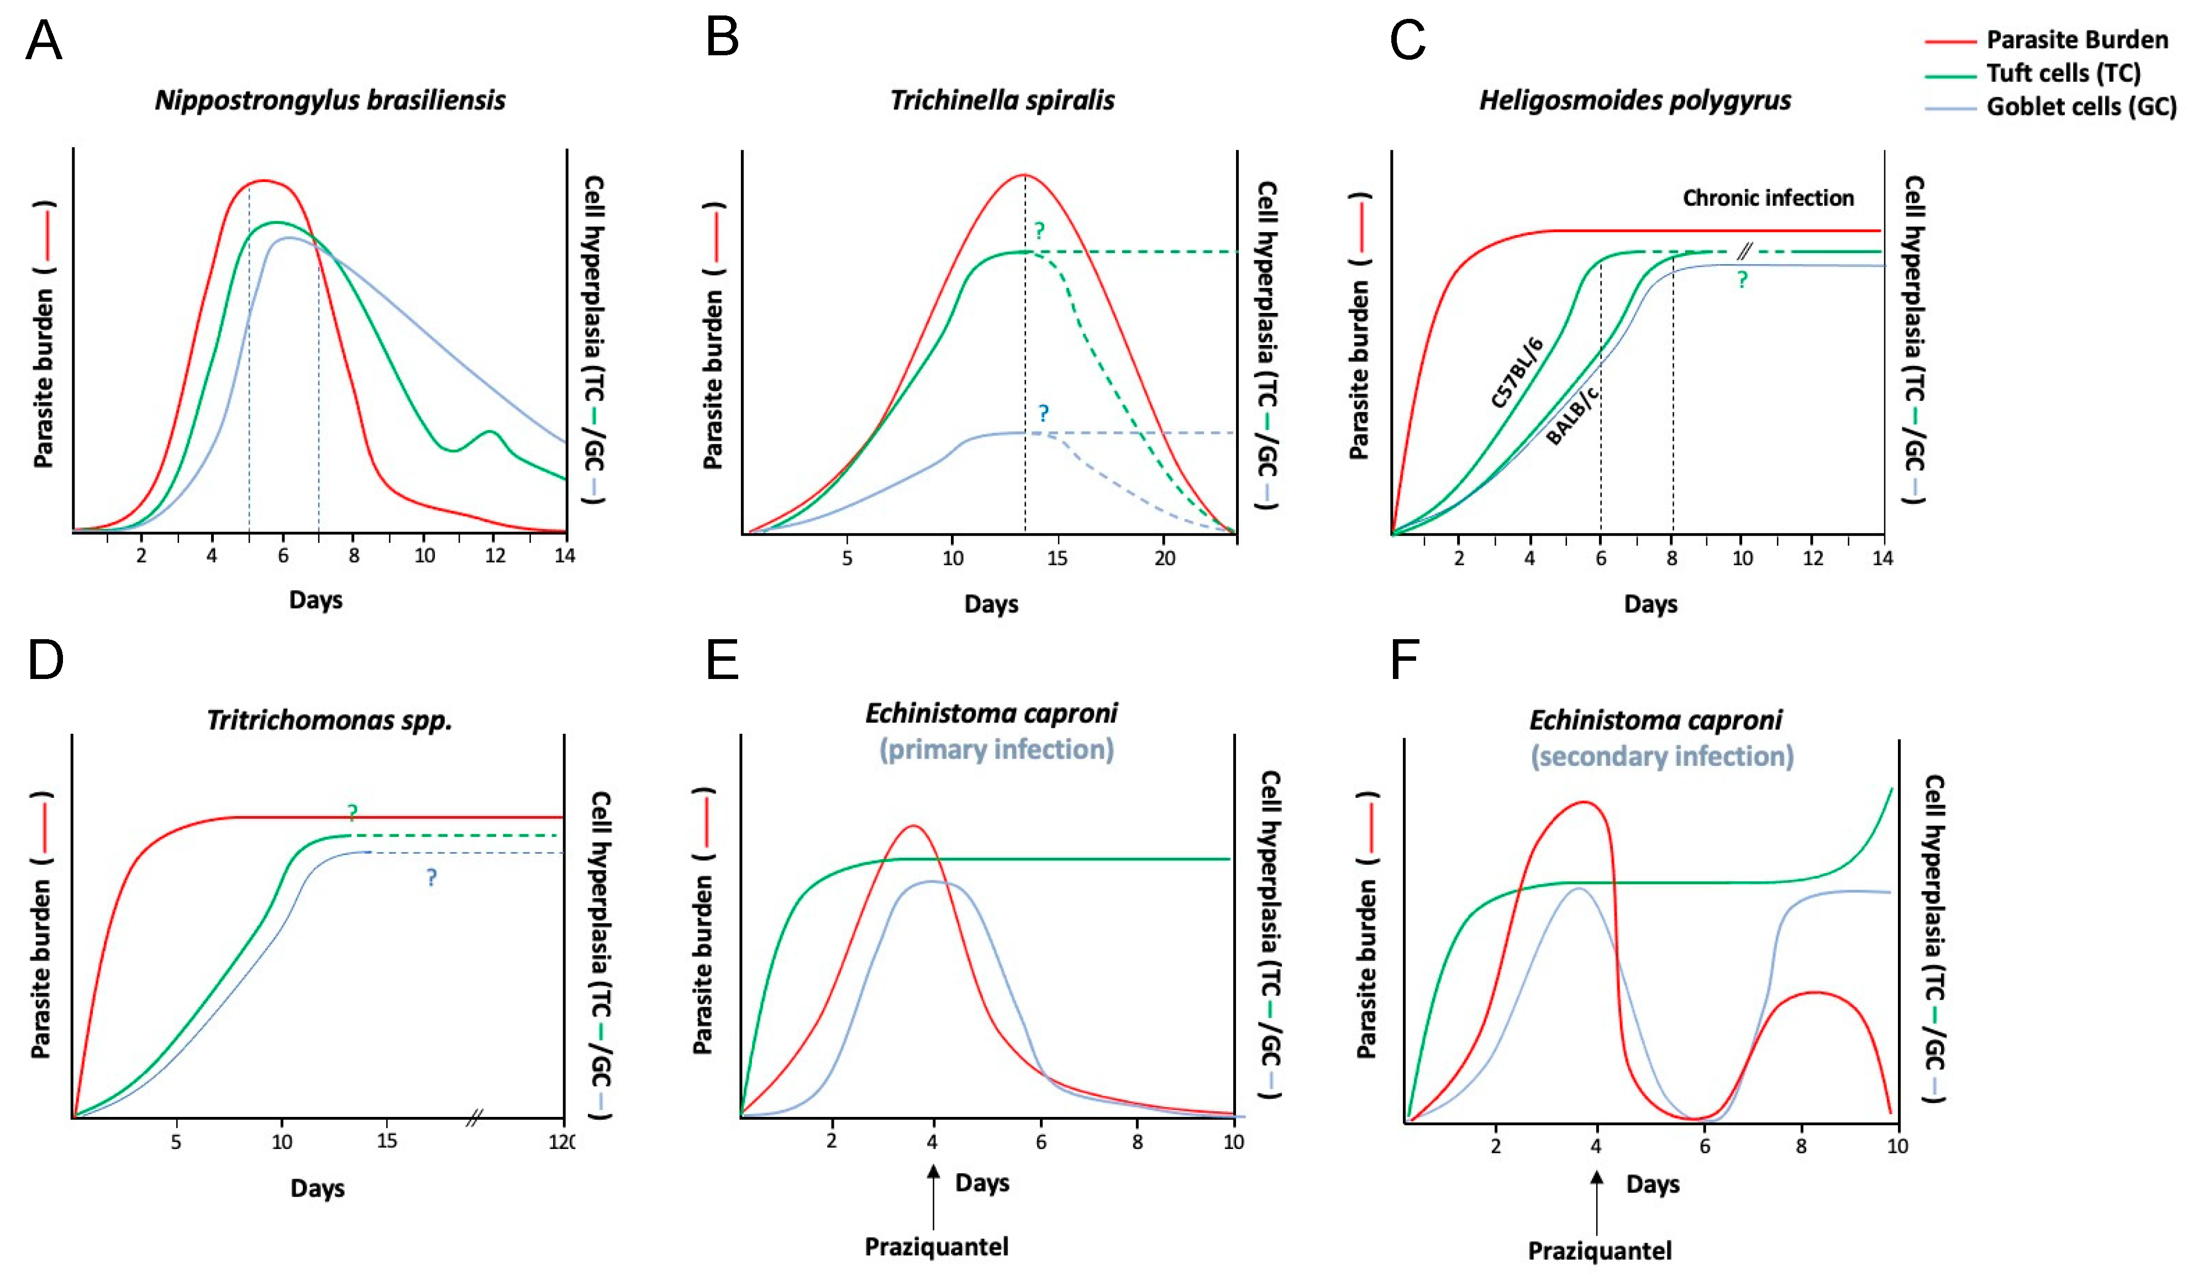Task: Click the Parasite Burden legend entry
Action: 2076,40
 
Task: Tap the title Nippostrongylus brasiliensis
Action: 330,100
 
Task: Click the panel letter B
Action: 722,39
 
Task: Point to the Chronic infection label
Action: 1768,197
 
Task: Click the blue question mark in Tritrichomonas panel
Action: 432,877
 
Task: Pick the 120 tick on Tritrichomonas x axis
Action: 561,1141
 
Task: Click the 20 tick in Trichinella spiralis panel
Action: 1164,558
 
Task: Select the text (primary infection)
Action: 996,750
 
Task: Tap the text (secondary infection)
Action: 1662,756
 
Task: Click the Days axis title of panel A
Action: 315,600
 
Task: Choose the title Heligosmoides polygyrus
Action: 1635,100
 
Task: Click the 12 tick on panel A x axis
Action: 495,556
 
